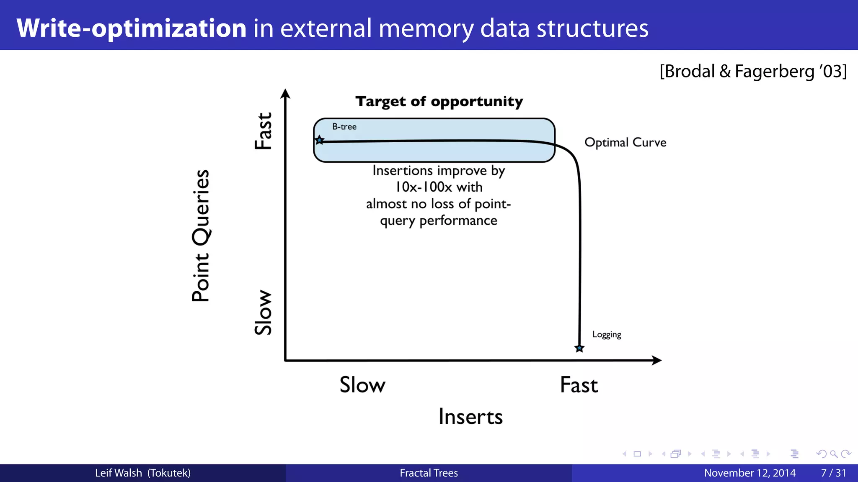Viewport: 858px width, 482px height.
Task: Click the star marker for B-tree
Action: (x=319, y=140)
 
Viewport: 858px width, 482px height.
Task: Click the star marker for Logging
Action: (x=579, y=348)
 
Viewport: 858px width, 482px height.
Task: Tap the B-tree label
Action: (x=344, y=126)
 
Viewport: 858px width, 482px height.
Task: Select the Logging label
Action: (x=606, y=334)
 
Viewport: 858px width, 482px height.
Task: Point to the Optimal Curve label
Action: (x=625, y=142)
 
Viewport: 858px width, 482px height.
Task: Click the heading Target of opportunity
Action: (x=439, y=101)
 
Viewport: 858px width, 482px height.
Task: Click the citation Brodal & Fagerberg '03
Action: (x=753, y=71)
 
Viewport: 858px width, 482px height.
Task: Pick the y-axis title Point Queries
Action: (x=201, y=236)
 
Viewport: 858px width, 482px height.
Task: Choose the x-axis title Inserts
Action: (x=470, y=417)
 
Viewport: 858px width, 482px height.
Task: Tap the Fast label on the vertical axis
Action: (x=264, y=131)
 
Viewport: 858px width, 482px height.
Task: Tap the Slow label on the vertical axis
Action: (x=264, y=312)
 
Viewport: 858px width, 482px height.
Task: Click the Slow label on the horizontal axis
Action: (x=362, y=385)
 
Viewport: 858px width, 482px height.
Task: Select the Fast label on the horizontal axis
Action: (x=579, y=385)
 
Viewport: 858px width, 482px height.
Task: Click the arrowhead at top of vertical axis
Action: (x=285, y=94)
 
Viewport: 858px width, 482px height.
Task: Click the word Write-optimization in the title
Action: (x=132, y=28)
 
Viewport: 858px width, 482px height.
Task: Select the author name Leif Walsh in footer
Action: (x=119, y=473)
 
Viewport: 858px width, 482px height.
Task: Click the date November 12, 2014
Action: (x=749, y=473)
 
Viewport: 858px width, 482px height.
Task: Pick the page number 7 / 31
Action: (x=833, y=473)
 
